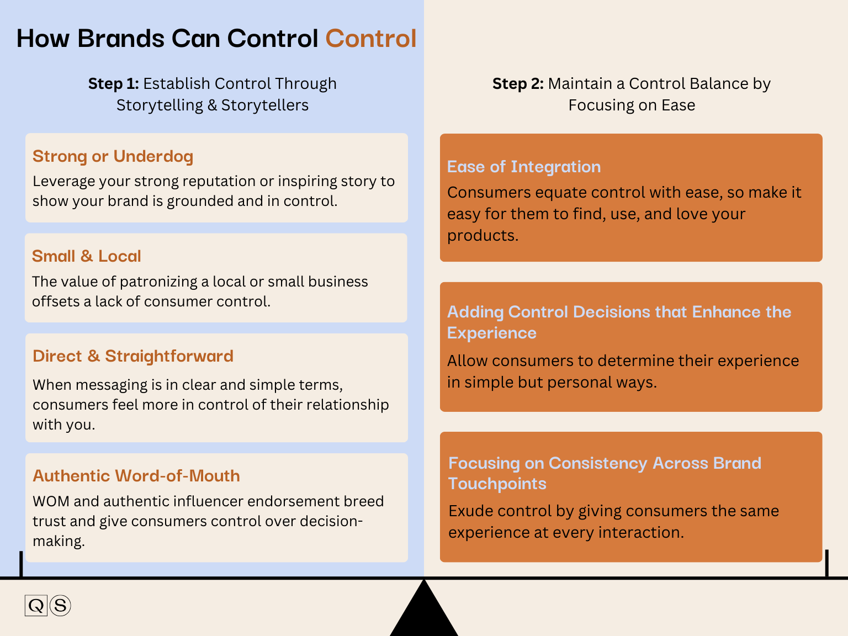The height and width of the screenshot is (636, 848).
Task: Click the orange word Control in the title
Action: pos(370,39)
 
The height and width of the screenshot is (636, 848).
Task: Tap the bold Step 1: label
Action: pos(113,83)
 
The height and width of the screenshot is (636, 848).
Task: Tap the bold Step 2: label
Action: pos(517,83)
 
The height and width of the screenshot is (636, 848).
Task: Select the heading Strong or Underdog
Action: pos(113,156)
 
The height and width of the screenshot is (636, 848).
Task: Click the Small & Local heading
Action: pos(86,256)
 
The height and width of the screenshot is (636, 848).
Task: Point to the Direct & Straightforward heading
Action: pos(132,356)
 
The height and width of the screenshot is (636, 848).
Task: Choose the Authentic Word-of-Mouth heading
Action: pos(136,476)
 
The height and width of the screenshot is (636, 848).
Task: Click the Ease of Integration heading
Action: pos(523,167)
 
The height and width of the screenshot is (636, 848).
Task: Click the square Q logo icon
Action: pos(36,606)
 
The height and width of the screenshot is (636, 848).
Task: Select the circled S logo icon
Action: pos(60,606)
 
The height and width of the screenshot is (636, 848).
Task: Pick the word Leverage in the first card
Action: pos(59,182)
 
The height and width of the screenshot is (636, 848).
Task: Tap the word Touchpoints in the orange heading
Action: pos(497,484)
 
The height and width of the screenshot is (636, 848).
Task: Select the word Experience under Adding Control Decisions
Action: pos(491,333)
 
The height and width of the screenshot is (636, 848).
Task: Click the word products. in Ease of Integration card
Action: pos(482,235)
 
